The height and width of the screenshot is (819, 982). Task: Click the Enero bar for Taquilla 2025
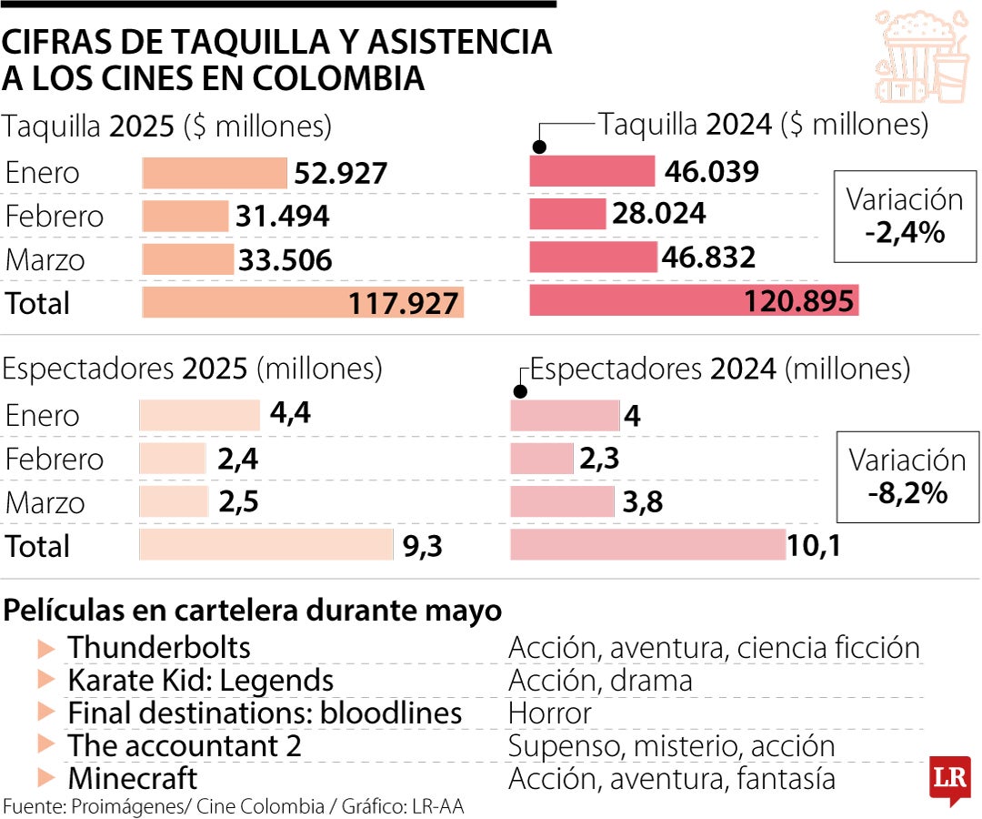click(x=214, y=173)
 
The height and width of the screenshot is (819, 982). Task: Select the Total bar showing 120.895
click(x=694, y=301)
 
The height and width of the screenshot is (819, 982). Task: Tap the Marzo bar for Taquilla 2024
click(x=593, y=258)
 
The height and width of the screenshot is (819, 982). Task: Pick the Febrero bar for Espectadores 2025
click(x=173, y=459)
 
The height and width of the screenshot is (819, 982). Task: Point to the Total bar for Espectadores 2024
click(x=647, y=545)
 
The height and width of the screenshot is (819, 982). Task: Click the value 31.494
click(x=282, y=217)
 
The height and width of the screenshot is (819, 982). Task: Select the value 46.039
click(x=711, y=172)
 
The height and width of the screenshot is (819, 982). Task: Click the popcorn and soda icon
click(x=921, y=56)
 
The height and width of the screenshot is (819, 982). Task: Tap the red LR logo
click(x=949, y=778)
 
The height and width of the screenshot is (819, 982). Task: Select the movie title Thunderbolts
click(x=159, y=648)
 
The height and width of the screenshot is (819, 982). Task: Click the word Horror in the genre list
click(x=549, y=713)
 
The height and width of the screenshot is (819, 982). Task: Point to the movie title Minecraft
click(x=133, y=779)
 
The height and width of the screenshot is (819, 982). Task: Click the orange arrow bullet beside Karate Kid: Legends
click(x=46, y=681)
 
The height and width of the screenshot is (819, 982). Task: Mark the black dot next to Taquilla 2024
click(x=539, y=147)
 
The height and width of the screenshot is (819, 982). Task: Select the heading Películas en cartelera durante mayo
click(x=253, y=611)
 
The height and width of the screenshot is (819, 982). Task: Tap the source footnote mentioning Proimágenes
click(x=238, y=806)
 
